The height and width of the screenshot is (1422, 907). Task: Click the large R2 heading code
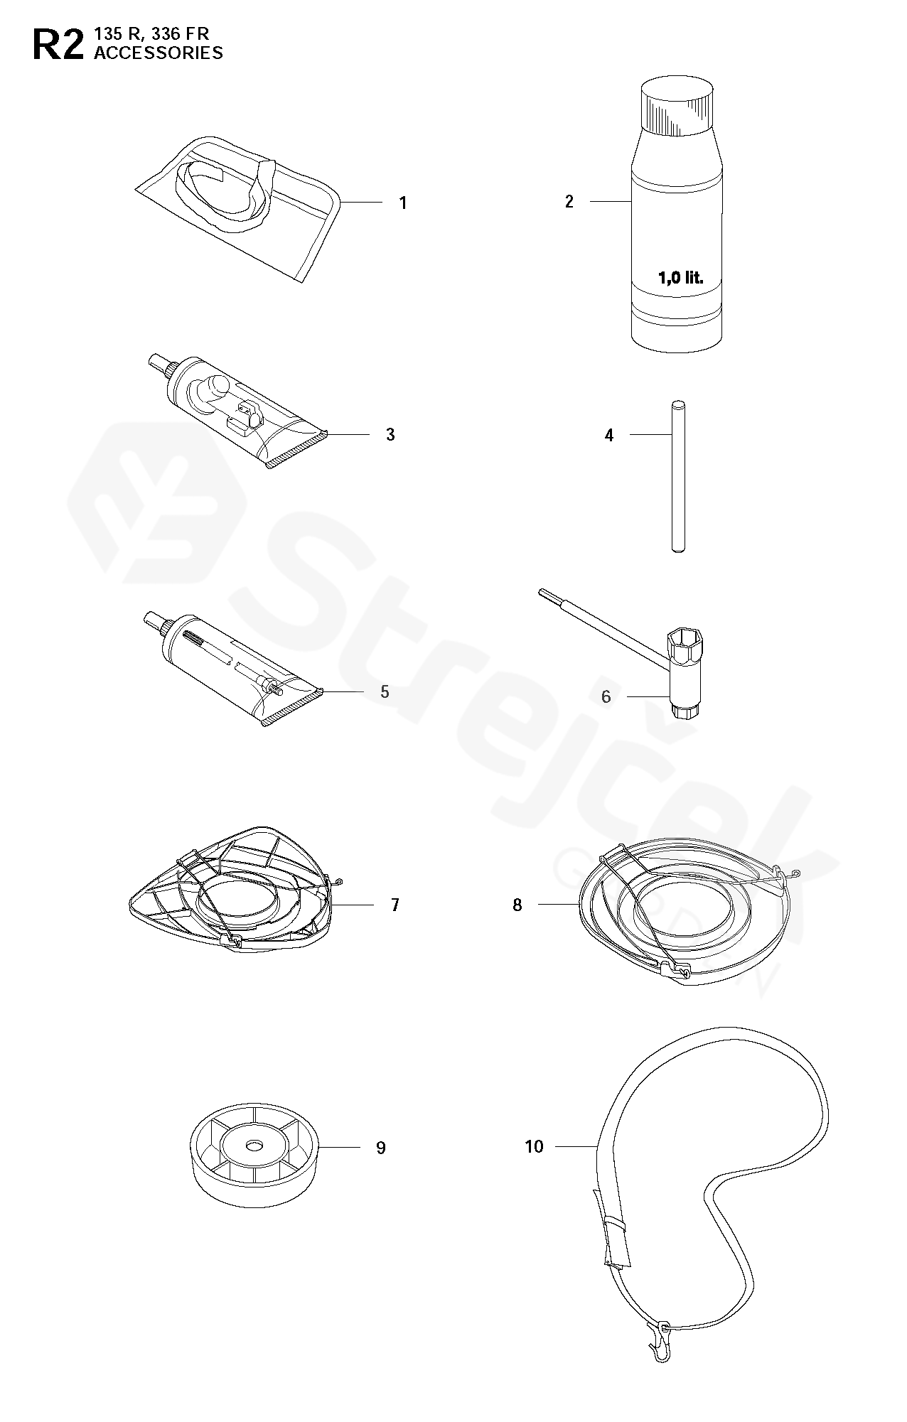pos(58,44)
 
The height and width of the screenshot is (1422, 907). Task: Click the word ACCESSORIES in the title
pos(159,53)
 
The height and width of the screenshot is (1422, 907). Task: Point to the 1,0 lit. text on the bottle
pos(680,278)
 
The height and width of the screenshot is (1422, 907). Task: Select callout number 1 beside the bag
pos(403,203)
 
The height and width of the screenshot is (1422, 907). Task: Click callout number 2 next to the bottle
pos(569,202)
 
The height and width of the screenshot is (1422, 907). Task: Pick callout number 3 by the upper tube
pos(390,434)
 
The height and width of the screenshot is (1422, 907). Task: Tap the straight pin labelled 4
pos(678,476)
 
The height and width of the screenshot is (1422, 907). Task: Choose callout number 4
pos(609,435)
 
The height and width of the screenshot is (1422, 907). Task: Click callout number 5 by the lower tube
pos(385,691)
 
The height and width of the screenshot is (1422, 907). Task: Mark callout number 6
pos(606,696)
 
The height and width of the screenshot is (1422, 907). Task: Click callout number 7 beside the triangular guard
pos(395,905)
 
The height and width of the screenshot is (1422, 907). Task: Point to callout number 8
pos(517,905)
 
